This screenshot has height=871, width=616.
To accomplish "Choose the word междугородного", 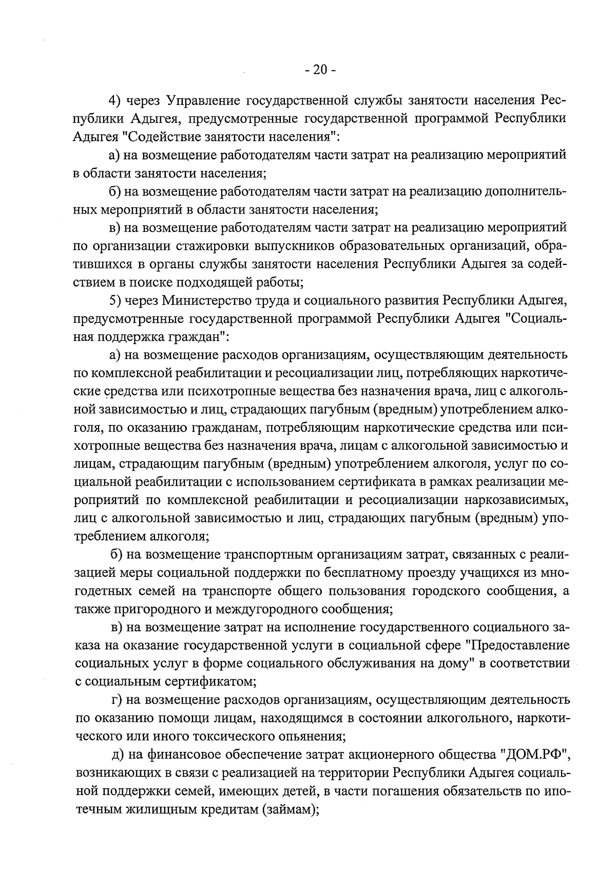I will click(x=269, y=609).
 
